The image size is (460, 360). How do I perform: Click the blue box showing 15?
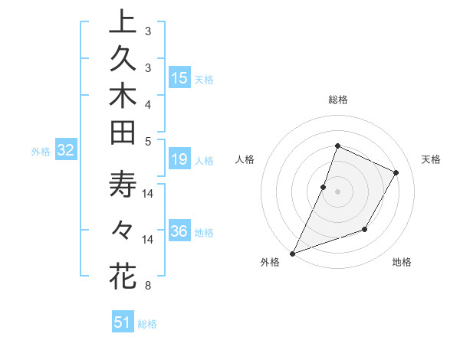(179, 78)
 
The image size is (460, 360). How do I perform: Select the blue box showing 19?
(179, 159)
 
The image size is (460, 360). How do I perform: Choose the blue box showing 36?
(179, 232)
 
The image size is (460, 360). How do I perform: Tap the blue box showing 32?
(66, 151)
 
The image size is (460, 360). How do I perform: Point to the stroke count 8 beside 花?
(148, 286)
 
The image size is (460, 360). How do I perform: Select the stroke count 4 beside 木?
(148, 103)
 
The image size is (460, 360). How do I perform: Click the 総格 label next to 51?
(147, 324)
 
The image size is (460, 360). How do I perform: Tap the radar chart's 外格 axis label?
(270, 263)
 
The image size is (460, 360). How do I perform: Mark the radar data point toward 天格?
(396, 173)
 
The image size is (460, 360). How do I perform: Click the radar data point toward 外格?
(292, 253)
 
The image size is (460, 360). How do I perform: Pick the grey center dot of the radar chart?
(337, 191)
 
